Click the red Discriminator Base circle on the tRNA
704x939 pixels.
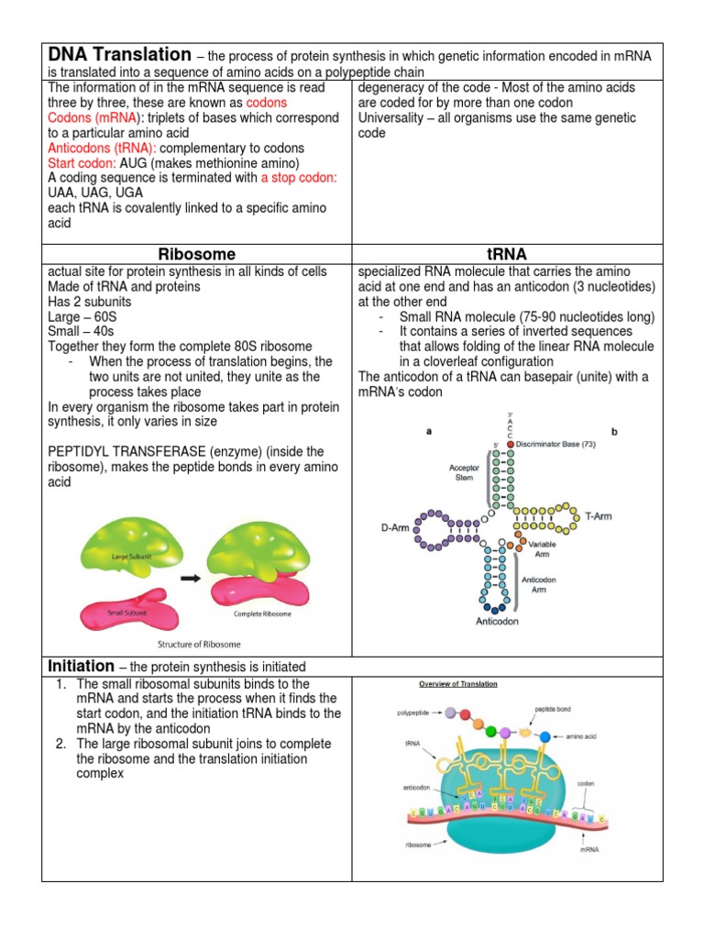click(510, 444)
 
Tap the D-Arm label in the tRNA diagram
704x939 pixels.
click(394, 528)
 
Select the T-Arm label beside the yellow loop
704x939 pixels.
click(599, 516)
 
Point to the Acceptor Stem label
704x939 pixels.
click(464, 471)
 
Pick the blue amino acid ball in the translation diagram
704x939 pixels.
click(546, 736)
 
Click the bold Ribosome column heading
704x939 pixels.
click(196, 254)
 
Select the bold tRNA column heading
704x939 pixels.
click(507, 254)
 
